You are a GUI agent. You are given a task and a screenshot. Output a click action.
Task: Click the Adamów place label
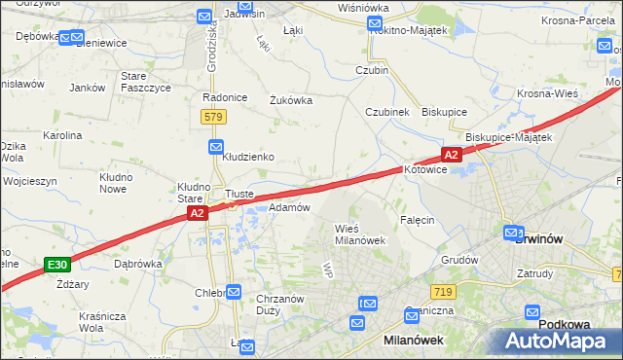[x=288, y=207]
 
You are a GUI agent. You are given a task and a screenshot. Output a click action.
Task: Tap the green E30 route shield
[x=57, y=265]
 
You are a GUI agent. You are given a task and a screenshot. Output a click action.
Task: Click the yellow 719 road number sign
[x=443, y=292]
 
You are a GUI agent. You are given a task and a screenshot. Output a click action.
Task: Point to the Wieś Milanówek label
[x=360, y=234]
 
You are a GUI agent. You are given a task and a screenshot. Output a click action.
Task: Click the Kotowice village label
[x=425, y=169]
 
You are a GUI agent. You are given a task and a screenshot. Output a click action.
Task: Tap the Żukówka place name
[x=290, y=99]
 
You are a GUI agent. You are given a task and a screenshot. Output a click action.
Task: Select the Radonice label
[x=221, y=97]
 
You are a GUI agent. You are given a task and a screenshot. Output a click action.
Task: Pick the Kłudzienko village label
[x=247, y=156]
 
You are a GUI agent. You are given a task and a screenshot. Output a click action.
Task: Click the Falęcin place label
[x=416, y=220]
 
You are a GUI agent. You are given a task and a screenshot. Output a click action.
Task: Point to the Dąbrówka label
[x=137, y=263]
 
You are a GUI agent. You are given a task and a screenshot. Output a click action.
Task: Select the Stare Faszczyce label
[x=145, y=81]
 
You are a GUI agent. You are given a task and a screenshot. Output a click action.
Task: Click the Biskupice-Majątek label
[x=508, y=137]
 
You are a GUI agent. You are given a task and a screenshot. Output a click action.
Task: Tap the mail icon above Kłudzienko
[x=217, y=146]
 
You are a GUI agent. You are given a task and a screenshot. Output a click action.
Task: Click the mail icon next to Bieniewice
[x=70, y=38]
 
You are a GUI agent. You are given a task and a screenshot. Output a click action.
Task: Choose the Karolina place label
[x=61, y=135]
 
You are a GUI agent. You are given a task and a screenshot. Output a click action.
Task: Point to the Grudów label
[x=459, y=260]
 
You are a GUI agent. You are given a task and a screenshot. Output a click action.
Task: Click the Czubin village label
[x=372, y=70]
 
